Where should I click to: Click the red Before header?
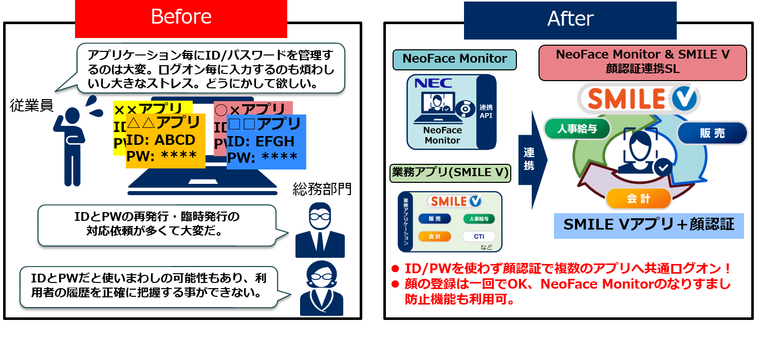pyautogui.click(x=181, y=18)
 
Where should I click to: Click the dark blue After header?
pyautogui.click(x=570, y=20)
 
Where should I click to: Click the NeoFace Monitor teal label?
pyautogui.click(x=454, y=59)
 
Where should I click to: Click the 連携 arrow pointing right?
pyautogui.click(x=531, y=159)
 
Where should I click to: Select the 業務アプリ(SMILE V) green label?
pyautogui.click(x=450, y=173)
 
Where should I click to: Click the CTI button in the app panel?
pyautogui.click(x=478, y=237)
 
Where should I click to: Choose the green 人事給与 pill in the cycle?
pyautogui.click(x=577, y=129)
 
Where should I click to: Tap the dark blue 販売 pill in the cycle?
pyautogui.click(x=712, y=133)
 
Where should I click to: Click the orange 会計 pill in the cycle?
pyautogui.click(x=638, y=199)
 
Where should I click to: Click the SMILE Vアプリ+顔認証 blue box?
pyautogui.click(x=648, y=225)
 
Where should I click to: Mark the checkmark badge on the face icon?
pyautogui.click(x=663, y=167)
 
